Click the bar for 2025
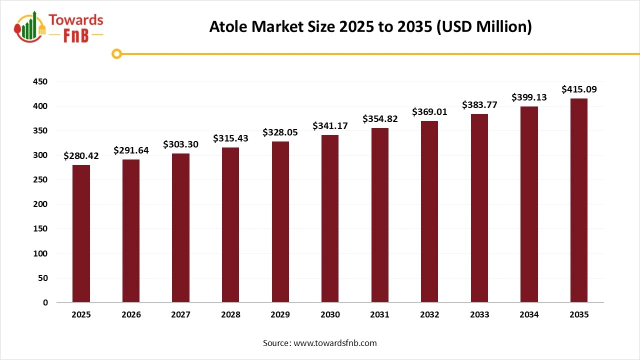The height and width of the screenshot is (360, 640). (81, 233)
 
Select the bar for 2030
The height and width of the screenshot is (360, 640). (330, 218)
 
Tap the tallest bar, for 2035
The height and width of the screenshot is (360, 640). (579, 200)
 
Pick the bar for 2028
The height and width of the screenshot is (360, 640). (230, 225)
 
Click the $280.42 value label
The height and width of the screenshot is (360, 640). (81, 156)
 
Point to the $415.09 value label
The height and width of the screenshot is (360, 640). (579, 89)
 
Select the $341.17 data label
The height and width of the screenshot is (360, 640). (330, 125)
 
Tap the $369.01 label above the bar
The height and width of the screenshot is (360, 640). (429, 112)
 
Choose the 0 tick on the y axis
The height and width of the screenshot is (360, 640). (45, 302)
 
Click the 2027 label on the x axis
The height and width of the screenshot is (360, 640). (180, 314)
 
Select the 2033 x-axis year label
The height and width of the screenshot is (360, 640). (479, 314)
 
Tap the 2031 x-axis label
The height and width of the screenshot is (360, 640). (379, 314)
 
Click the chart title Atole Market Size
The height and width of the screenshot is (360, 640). (370, 27)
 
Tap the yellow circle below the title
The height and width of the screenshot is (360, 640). (116, 53)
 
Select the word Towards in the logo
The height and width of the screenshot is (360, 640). (76, 20)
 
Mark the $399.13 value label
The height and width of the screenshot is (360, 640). (529, 97)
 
